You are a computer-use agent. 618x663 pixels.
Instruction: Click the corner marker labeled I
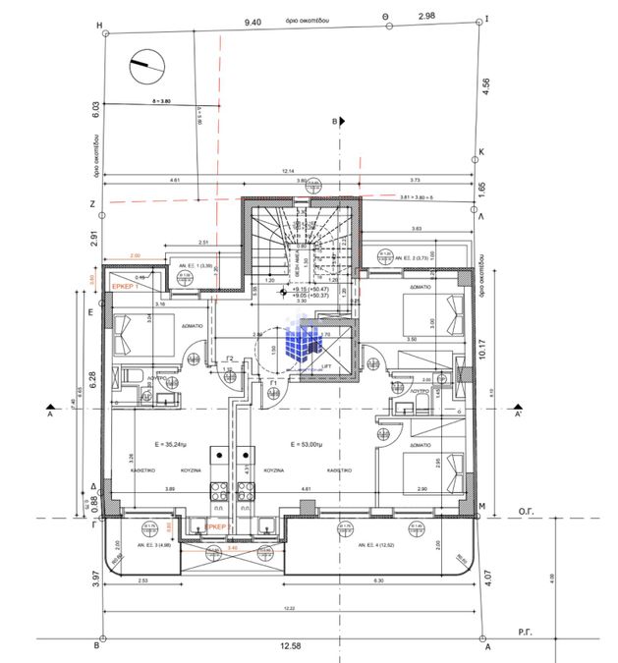487,18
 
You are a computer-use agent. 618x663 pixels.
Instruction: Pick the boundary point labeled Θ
385,17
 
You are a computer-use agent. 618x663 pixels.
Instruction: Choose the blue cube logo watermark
305,342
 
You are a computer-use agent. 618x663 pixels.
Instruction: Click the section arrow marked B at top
336,122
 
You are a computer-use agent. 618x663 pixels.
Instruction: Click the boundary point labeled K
482,152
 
